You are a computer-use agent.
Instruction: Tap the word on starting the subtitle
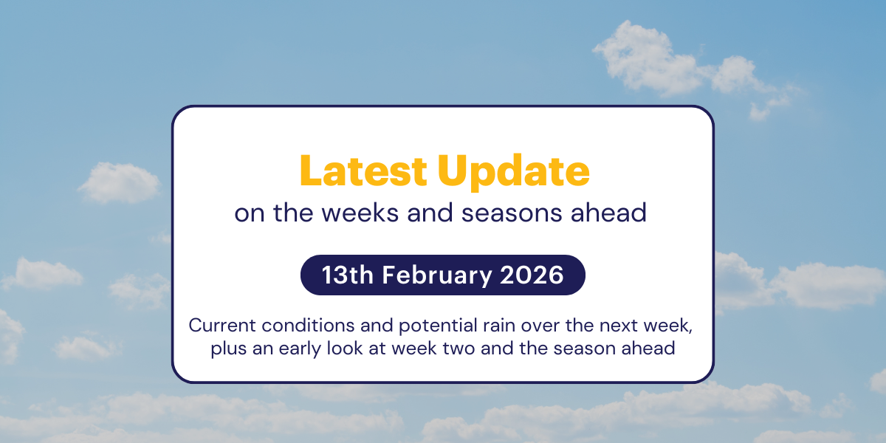[248, 213]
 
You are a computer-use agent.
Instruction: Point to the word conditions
[288, 326]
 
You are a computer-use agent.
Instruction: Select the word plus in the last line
[226, 348]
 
